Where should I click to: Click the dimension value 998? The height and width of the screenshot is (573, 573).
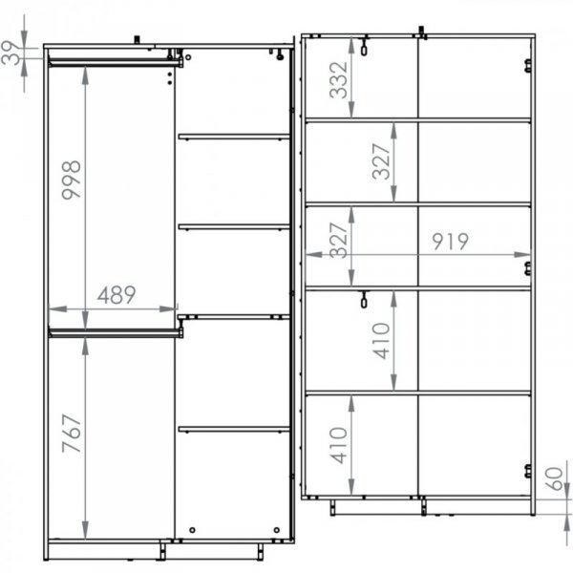(72, 180)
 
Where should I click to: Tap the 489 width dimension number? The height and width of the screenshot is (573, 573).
(117, 295)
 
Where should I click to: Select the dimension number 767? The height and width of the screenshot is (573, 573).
(72, 434)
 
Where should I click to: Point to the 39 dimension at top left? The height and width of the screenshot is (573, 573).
(11, 53)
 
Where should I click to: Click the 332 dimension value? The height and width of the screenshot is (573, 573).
(338, 80)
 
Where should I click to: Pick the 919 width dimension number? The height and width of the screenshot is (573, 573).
(450, 242)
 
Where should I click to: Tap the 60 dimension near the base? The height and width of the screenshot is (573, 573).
(554, 478)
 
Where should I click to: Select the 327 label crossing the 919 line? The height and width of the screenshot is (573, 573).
(338, 240)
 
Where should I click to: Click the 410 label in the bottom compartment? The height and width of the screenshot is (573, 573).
(338, 445)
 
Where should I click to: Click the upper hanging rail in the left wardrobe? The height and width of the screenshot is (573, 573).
(116, 63)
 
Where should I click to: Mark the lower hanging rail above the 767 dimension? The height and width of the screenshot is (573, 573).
(116, 332)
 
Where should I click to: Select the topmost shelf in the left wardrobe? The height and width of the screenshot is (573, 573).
(234, 137)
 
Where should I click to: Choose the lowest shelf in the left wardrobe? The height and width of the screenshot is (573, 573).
(234, 429)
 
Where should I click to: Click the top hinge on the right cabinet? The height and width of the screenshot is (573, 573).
(528, 66)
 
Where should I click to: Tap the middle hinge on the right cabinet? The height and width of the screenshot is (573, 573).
(528, 268)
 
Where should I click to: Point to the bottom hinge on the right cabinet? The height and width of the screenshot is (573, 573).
(528, 471)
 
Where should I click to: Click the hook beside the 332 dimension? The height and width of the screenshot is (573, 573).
(364, 46)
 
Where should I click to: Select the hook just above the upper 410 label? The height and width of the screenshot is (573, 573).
(364, 299)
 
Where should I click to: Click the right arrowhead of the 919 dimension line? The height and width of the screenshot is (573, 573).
(521, 255)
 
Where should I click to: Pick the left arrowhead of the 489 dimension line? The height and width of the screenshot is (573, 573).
(57, 309)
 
